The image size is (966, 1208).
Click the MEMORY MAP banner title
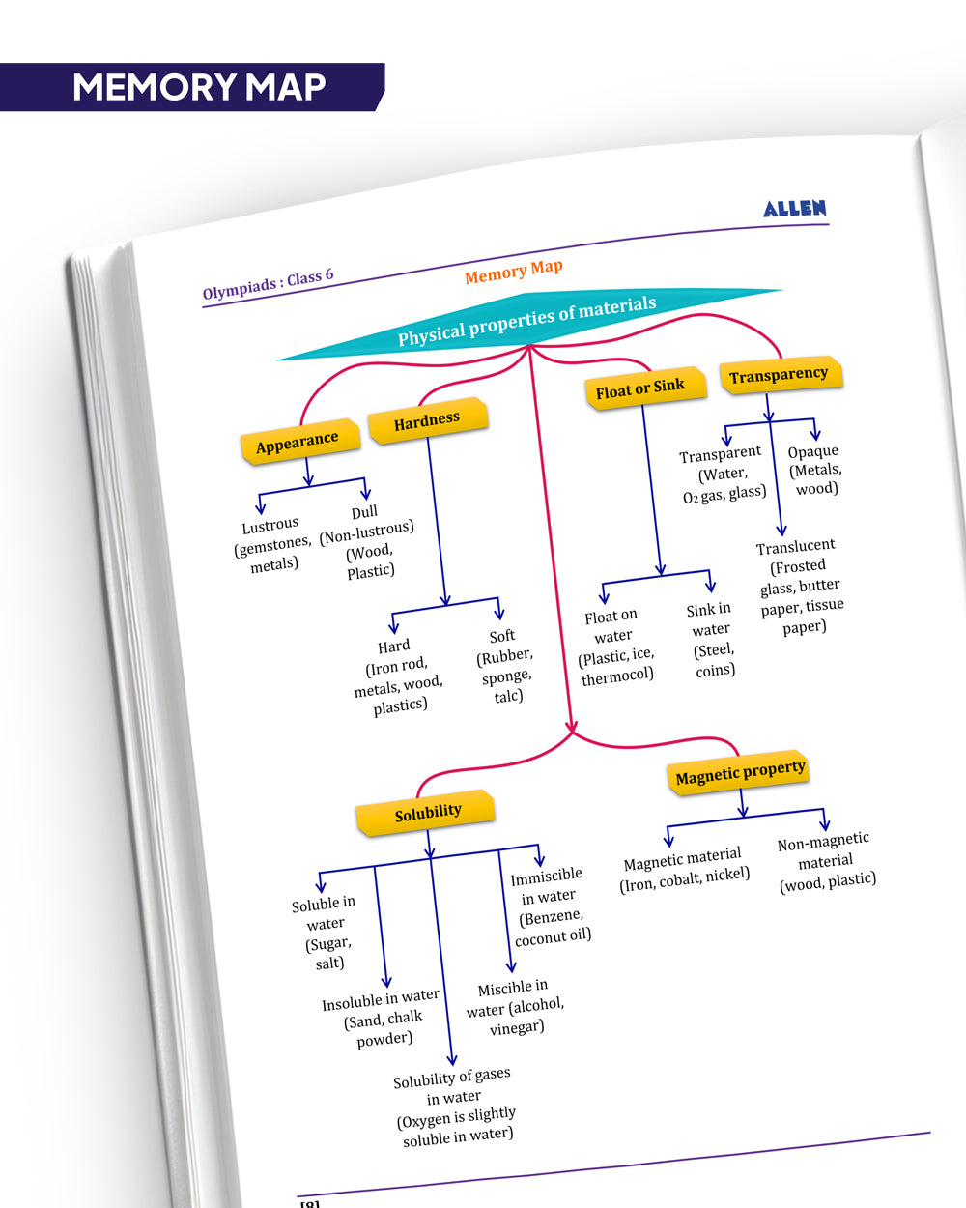click(x=198, y=87)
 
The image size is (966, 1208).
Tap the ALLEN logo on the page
click(x=794, y=209)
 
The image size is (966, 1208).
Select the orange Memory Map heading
click(x=513, y=272)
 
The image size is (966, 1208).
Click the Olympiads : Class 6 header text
click(x=268, y=283)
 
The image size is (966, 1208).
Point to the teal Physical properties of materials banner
click(x=527, y=321)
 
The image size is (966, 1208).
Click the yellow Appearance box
click(x=298, y=443)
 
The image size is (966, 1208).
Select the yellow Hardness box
click(x=427, y=420)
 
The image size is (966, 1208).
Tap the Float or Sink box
click(x=639, y=388)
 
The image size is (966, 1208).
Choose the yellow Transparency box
click(x=779, y=375)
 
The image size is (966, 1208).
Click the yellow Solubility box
click(x=428, y=813)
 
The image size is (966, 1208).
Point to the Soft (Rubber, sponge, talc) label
click(x=504, y=666)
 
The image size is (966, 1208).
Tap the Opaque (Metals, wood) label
click(x=814, y=470)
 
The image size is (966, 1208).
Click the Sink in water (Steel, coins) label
click(x=712, y=639)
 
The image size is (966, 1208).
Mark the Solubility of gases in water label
click(x=455, y=1106)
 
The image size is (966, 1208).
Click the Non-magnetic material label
click(x=826, y=860)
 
